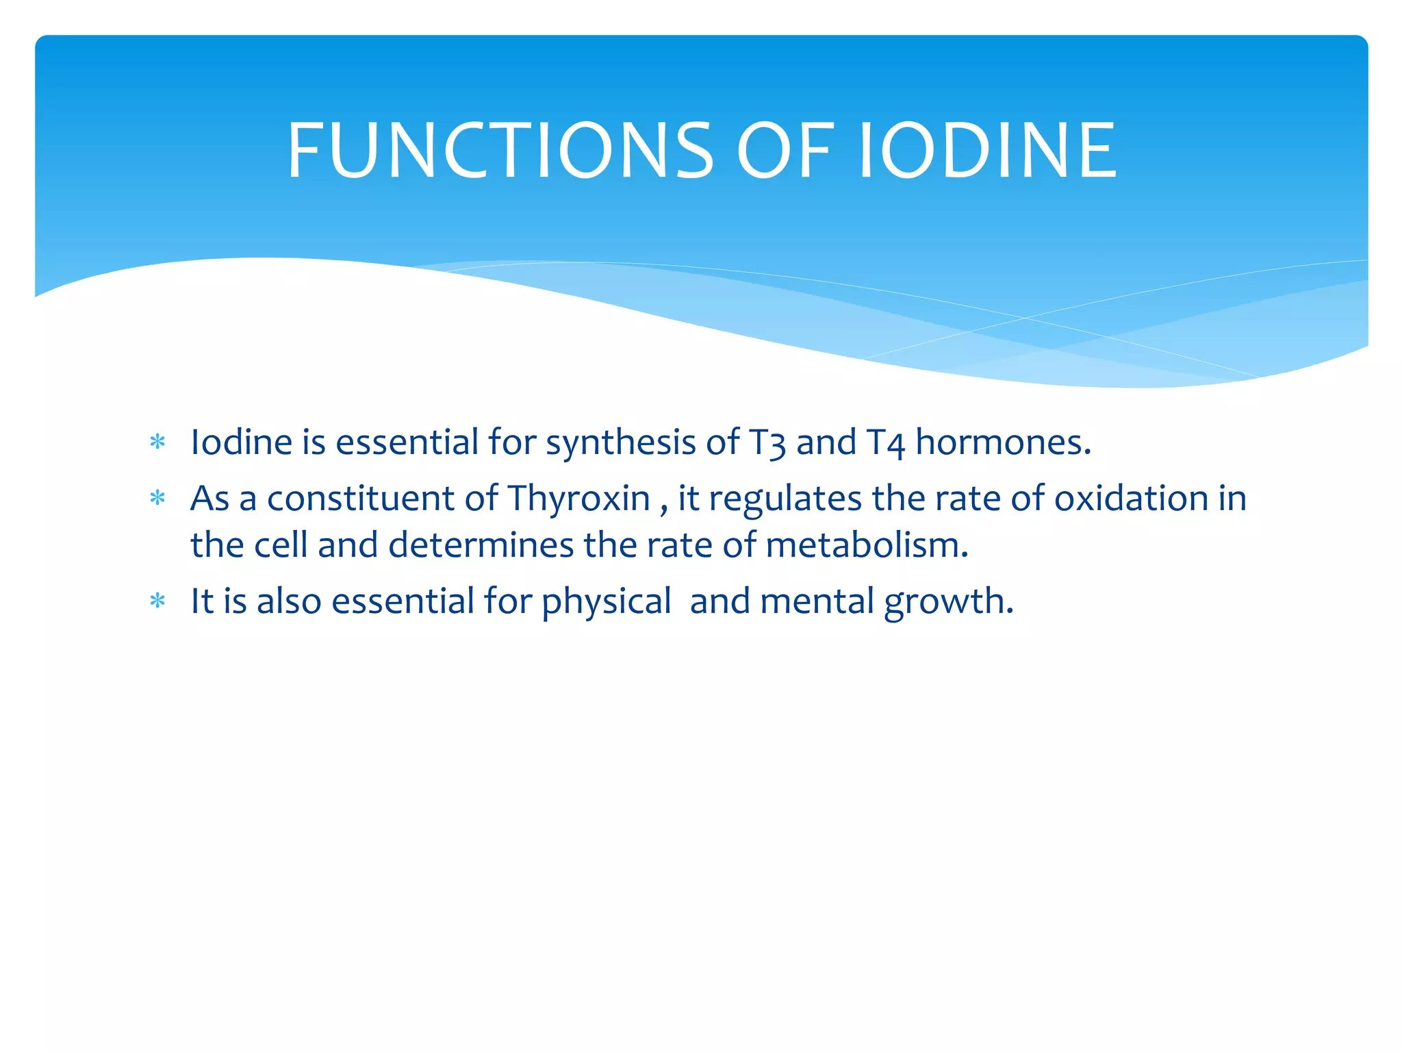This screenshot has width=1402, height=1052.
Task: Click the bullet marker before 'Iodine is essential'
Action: (x=157, y=442)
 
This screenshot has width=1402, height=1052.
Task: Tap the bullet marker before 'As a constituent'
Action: (x=157, y=498)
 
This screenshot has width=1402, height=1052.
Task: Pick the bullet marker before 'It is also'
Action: (x=157, y=601)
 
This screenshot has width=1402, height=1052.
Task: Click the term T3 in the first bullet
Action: (x=767, y=442)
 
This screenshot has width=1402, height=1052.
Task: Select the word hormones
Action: (x=1002, y=442)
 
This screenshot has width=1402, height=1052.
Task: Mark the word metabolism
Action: (x=866, y=546)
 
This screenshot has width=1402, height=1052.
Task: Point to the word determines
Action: (x=481, y=546)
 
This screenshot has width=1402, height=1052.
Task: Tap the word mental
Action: (x=817, y=601)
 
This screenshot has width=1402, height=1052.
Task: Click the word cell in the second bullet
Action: (x=281, y=546)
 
